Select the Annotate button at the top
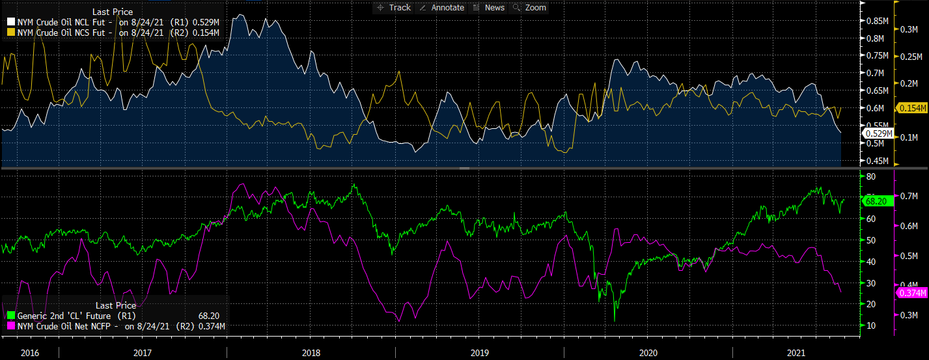(443, 7)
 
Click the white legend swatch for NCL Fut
(10, 22)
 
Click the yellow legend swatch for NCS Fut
(10, 32)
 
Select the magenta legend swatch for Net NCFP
(10, 326)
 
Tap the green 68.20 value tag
(876, 201)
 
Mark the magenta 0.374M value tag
(911, 294)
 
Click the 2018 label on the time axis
(311, 352)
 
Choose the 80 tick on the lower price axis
(870, 176)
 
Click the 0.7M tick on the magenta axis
(909, 196)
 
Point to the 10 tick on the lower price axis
(870, 325)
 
